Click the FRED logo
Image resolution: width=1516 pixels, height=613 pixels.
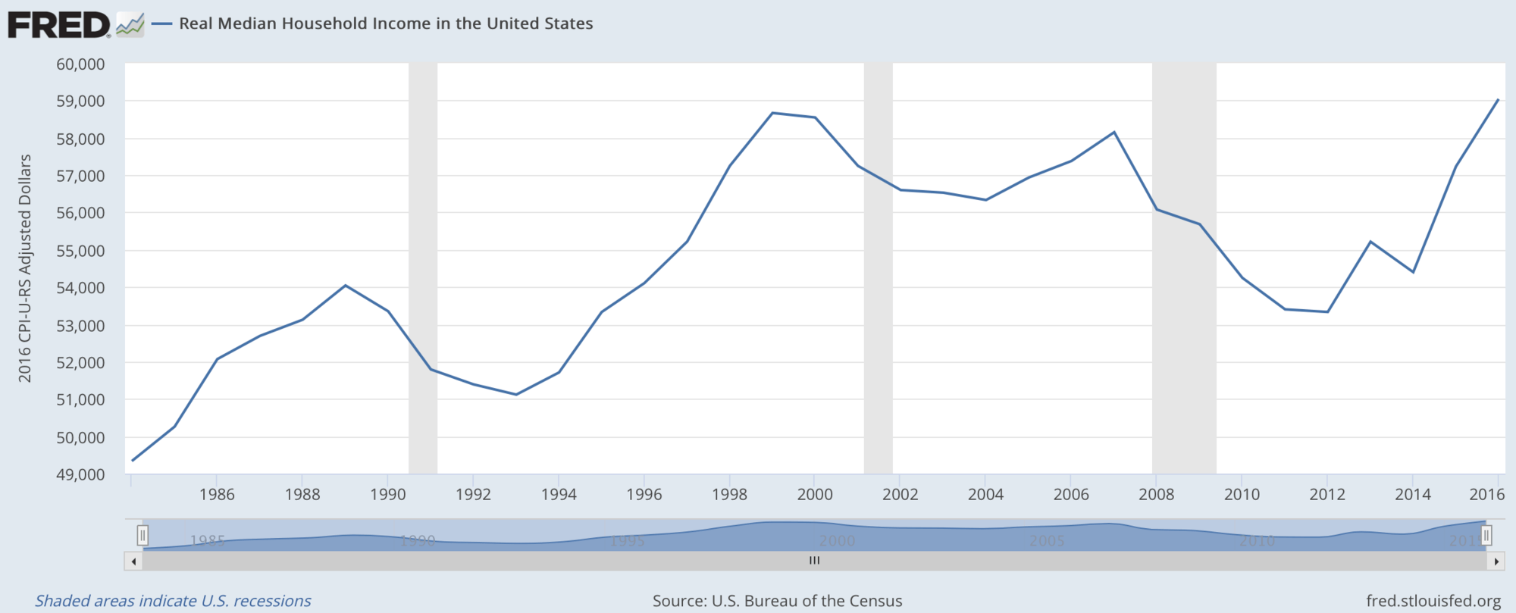[x=59, y=24]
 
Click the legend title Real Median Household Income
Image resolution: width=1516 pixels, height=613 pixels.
[x=386, y=23]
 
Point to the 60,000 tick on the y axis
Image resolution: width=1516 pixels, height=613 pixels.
[x=80, y=64]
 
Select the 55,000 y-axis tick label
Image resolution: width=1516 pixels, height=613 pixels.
[x=80, y=251]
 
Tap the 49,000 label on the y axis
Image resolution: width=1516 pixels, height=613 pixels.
[x=80, y=474]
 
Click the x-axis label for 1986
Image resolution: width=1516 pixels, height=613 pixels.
[x=217, y=495]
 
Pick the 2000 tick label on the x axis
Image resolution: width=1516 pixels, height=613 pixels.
[x=815, y=495]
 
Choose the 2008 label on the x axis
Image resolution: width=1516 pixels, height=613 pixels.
[x=1156, y=495]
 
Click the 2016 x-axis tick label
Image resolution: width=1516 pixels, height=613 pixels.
[x=1486, y=495]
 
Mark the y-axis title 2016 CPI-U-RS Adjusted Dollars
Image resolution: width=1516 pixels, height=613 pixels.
[x=25, y=268]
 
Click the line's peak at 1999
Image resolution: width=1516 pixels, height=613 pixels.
[x=772, y=113]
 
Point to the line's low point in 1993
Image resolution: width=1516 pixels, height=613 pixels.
[x=516, y=394]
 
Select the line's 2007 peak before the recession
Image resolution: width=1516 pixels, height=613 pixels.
[x=1114, y=133]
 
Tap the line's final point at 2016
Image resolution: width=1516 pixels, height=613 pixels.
[x=1498, y=99]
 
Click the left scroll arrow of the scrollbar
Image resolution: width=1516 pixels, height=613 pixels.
[x=133, y=561]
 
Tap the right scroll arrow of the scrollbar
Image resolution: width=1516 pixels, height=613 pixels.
[x=1496, y=561]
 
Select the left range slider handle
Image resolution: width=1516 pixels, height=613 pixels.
[x=143, y=536]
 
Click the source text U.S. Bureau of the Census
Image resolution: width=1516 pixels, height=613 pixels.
[x=777, y=601]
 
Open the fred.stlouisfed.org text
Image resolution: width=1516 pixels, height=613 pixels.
[x=1433, y=601]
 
